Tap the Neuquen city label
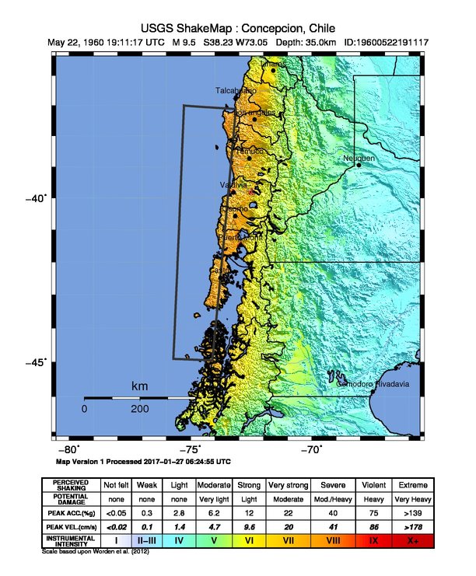pyautogui.click(x=359, y=159)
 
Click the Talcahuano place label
pyautogui.click(x=236, y=91)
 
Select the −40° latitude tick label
pyautogui.click(x=37, y=198)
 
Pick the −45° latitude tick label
pyautogui.click(x=37, y=361)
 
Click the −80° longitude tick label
pyautogui.click(x=69, y=450)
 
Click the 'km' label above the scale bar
pyautogui.click(x=139, y=387)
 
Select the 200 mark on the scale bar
pyautogui.click(x=140, y=409)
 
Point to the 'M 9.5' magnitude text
pyautogui.click(x=184, y=42)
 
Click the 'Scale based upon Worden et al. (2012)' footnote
pyautogui.click(x=95, y=551)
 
